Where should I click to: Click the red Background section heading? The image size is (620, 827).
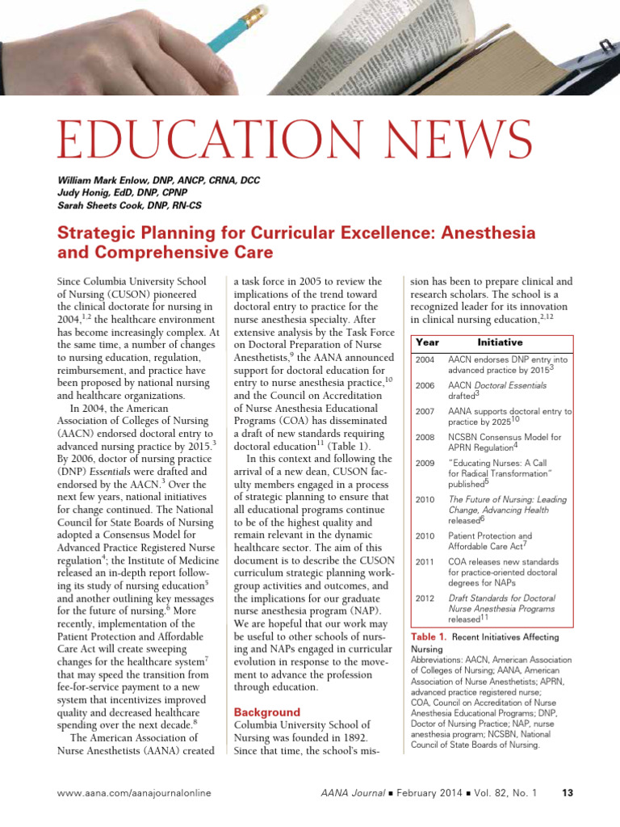tap(266, 712)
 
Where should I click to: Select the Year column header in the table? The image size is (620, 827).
tap(427, 342)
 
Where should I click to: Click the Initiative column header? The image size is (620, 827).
tap(500, 342)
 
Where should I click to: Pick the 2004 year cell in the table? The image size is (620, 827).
tap(425, 359)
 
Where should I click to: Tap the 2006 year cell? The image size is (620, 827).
tap(425, 386)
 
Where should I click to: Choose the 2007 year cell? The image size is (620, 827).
tap(425, 412)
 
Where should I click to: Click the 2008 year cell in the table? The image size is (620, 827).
tap(425, 438)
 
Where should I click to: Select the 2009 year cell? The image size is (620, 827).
tap(425, 464)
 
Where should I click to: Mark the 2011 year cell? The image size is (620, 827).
tap(425, 562)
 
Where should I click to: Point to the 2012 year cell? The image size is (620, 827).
tap(425, 598)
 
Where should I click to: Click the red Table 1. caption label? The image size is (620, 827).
tap(429, 637)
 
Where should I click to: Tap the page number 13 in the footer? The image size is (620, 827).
tap(567, 793)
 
